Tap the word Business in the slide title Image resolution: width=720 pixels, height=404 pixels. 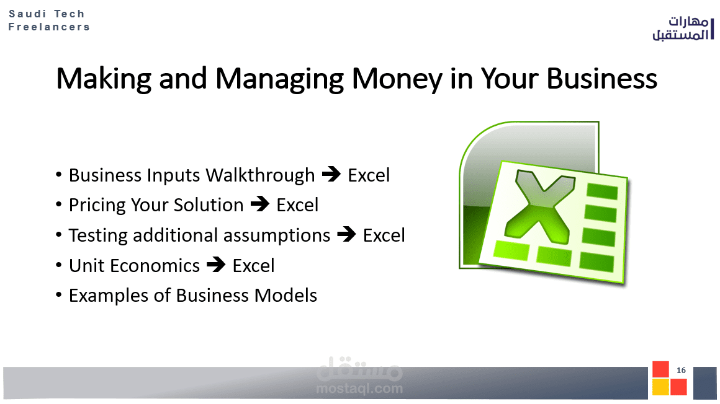click(x=601, y=79)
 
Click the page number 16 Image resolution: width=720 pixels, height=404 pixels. click(x=681, y=370)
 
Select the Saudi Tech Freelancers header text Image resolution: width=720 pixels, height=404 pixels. click(x=49, y=20)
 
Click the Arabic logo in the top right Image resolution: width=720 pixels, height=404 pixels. click(x=683, y=29)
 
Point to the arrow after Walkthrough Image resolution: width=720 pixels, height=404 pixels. click(x=331, y=174)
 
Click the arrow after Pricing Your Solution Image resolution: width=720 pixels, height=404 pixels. click(x=260, y=204)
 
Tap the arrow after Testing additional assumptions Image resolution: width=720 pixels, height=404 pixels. click(x=346, y=234)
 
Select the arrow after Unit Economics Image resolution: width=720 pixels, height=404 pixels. click(x=216, y=265)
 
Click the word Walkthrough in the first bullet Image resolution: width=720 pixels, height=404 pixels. click(x=260, y=175)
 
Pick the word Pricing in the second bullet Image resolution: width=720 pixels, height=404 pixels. click(x=97, y=206)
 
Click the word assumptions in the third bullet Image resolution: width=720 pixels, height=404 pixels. click(x=277, y=235)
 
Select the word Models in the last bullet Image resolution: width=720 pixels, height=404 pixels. click(x=286, y=296)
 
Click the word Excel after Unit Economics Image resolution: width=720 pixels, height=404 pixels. click(x=253, y=265)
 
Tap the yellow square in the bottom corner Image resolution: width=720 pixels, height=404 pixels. click(x=660, y=387)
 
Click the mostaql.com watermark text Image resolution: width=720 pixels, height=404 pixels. click(x=359, y=389)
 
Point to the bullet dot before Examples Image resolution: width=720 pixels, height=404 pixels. click(x=58, y=295)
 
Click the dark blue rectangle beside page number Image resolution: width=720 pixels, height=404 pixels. click(x=705, y=382)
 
